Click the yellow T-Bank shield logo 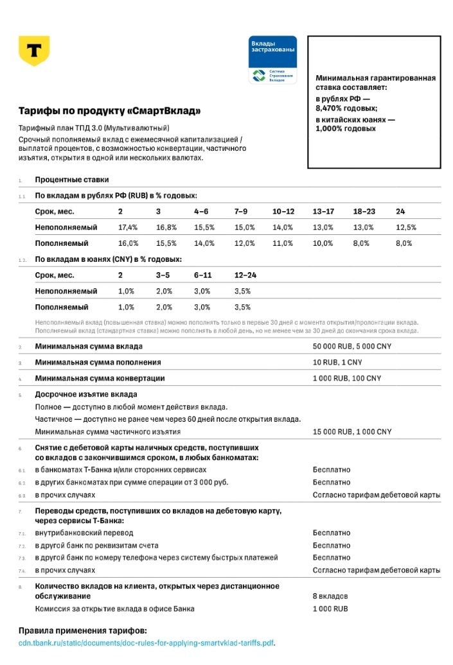[34, 51]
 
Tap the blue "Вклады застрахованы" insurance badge [272, 60]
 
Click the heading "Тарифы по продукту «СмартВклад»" [109, 111]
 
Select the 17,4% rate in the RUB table [128, 227]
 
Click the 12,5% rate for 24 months [406, 227]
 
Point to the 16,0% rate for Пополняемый [128, 243]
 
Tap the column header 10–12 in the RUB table [283, 211]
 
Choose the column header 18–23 [364, 211]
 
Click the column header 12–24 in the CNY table [245, 275]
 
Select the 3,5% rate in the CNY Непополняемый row [243, 291]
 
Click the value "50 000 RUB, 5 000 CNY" [352, 347]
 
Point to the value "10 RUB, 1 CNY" [337, 363]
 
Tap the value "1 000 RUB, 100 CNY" [347, 378]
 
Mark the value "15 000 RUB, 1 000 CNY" [352, 432]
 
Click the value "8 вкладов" [330, 596]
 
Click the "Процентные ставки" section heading [72, 180]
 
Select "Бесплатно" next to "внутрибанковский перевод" [332, 533]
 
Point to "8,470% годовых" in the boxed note [346, 108]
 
